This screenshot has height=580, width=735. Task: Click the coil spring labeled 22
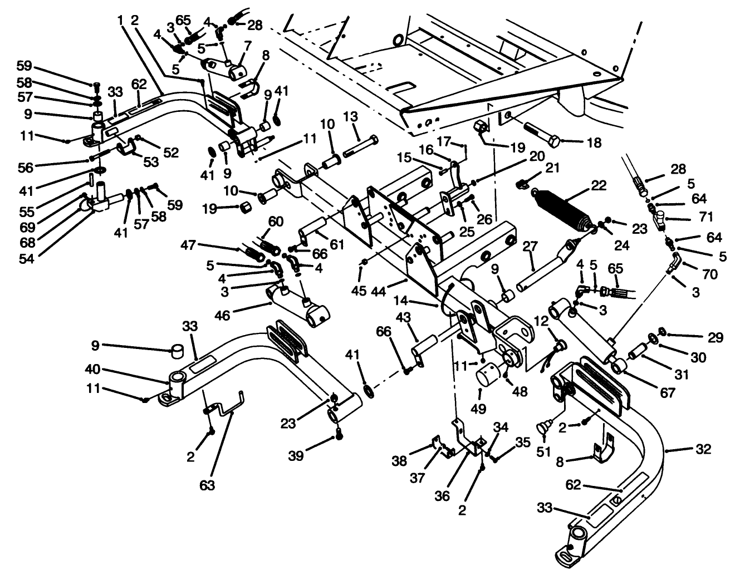click(x=562, y=210)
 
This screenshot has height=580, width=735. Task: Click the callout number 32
click(x=704, y=449)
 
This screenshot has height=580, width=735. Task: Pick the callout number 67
click(x=668, y=393)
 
